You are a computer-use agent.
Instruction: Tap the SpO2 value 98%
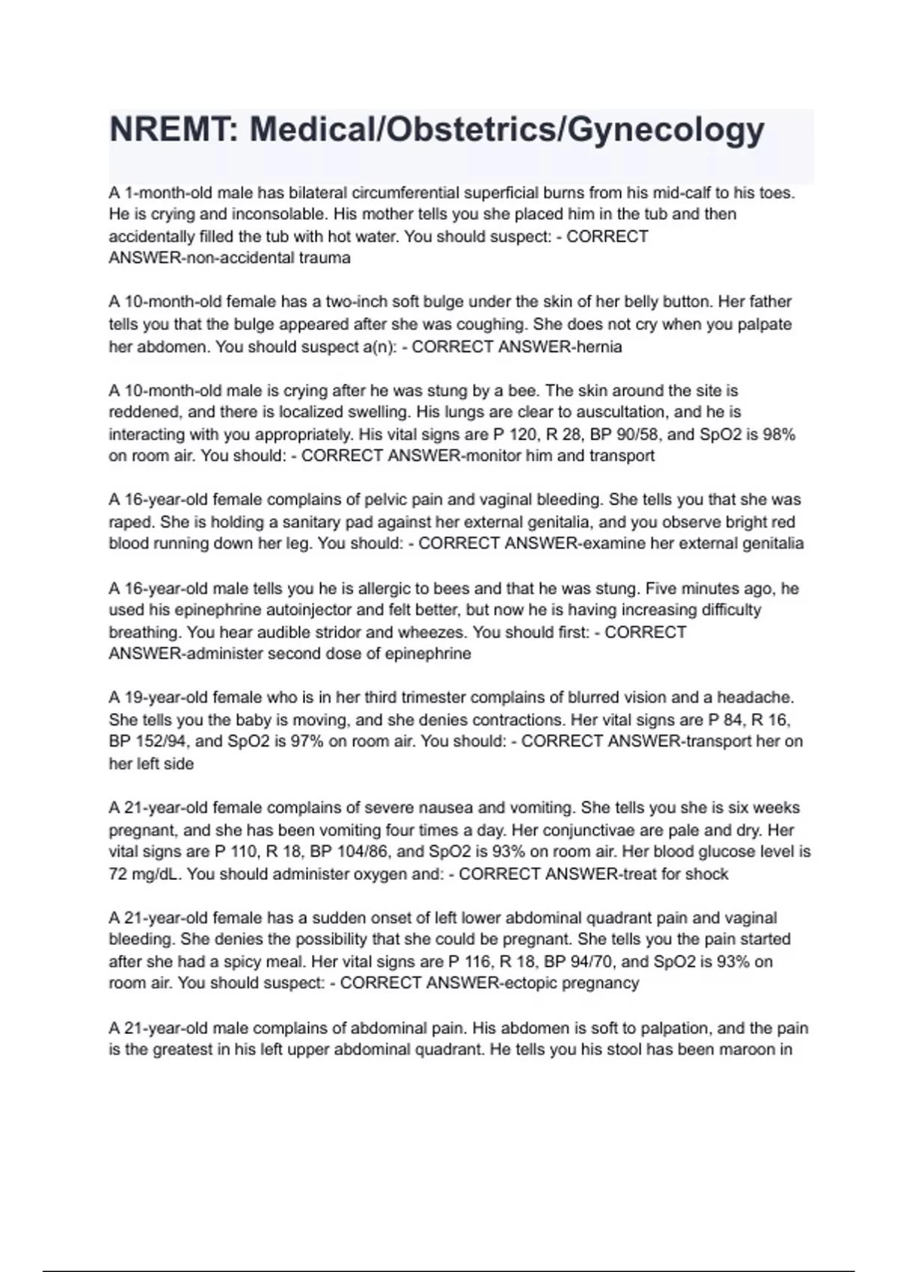pyautogui.click(x=779, y=434)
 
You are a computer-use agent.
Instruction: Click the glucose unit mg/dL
pyautogui.click(x=156, y=874)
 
